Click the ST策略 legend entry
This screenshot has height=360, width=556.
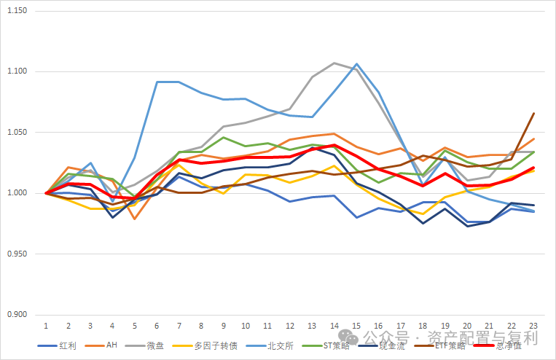click(x=337, y=345)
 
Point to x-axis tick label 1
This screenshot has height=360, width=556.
click(x=46, y=325)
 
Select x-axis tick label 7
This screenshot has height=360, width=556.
click(x=179, y=325)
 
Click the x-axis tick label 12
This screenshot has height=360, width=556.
click(x=290, y=325)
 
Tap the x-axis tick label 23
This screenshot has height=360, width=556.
click(x=534, y=325)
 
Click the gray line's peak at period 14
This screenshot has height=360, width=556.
click(x=334, y=63)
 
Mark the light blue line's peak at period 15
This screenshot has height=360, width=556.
click(x=357, y=64)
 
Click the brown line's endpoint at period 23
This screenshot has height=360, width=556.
click(x=534, y=113)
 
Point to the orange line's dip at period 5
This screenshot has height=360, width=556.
click(x=135, y=219)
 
